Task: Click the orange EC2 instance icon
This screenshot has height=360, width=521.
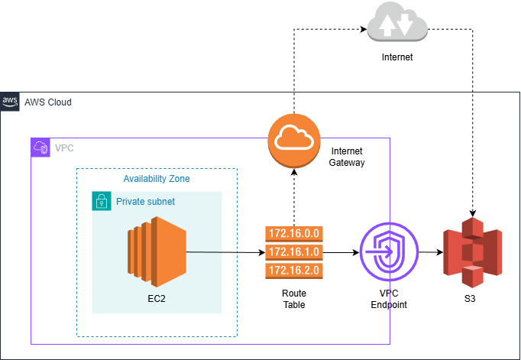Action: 157,251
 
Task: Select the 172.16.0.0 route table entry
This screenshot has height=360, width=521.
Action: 293,233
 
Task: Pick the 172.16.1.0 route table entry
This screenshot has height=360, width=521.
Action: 293,251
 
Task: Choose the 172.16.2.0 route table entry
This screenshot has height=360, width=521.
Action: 293,270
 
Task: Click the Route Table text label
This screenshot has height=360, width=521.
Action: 293,299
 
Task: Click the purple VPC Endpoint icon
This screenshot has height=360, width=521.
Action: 389,251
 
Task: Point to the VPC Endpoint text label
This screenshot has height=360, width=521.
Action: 389,299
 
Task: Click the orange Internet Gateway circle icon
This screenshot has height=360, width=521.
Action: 293,138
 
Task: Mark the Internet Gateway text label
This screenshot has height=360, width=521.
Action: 348,157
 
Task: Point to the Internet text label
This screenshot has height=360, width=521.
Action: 396,57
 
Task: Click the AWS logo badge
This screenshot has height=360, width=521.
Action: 10,101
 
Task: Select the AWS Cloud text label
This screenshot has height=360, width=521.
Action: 48,102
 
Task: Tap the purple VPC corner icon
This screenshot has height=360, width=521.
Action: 40,147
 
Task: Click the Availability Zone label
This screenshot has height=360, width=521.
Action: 157,179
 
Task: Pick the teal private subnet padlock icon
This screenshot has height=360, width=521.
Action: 101,201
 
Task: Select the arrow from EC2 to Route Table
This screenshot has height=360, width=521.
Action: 222,251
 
